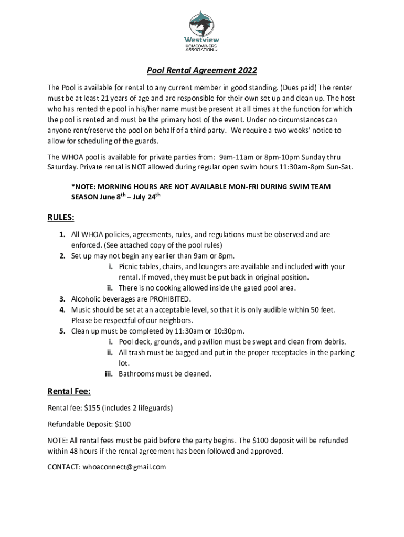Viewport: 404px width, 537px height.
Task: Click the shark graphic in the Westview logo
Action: point(202,24)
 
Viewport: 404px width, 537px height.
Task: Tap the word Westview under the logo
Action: point(201,40)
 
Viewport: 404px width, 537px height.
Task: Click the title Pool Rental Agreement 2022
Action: point(201,71)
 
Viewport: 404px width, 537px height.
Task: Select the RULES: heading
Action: point(61,217)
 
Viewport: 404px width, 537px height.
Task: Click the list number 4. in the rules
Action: point(62,310)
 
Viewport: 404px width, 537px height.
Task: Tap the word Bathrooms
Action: point(136,374)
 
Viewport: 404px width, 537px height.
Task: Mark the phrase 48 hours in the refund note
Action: point(84,450)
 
